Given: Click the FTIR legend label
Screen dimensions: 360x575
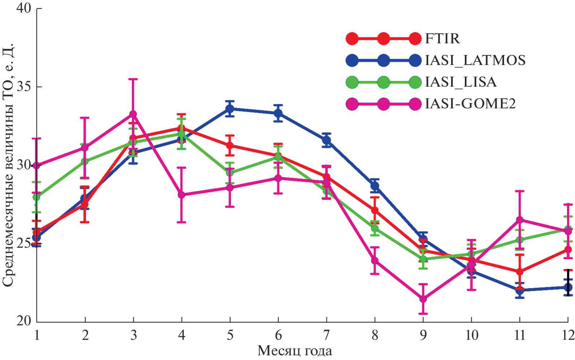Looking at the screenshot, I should coord(442,39).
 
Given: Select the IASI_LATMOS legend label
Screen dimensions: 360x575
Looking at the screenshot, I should coord(475,60).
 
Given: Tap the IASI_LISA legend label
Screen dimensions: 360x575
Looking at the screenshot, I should coord(461,82).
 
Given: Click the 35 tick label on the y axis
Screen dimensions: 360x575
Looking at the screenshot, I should coord(24,87).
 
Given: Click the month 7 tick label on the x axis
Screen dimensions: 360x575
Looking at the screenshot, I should coord(327,335).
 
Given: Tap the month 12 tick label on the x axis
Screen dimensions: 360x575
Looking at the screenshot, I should coord(567,335).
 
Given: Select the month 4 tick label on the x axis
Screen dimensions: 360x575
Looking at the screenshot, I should coord(182,335).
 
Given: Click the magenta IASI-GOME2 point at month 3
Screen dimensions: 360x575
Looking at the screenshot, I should coord(133,114).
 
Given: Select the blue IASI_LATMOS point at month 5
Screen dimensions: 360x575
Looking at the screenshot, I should coord(230,109).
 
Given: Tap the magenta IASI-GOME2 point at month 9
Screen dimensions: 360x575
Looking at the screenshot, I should coord(423,299).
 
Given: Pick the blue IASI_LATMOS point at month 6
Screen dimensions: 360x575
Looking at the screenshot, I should coord(278,113).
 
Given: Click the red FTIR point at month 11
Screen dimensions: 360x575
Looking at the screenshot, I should coord(519,272).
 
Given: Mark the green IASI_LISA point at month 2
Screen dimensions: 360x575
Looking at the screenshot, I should coord(85,161).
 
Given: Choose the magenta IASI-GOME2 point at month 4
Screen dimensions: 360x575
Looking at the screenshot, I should coord(182,195).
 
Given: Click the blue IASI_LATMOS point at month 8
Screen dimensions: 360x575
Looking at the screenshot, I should coord(375,186).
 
